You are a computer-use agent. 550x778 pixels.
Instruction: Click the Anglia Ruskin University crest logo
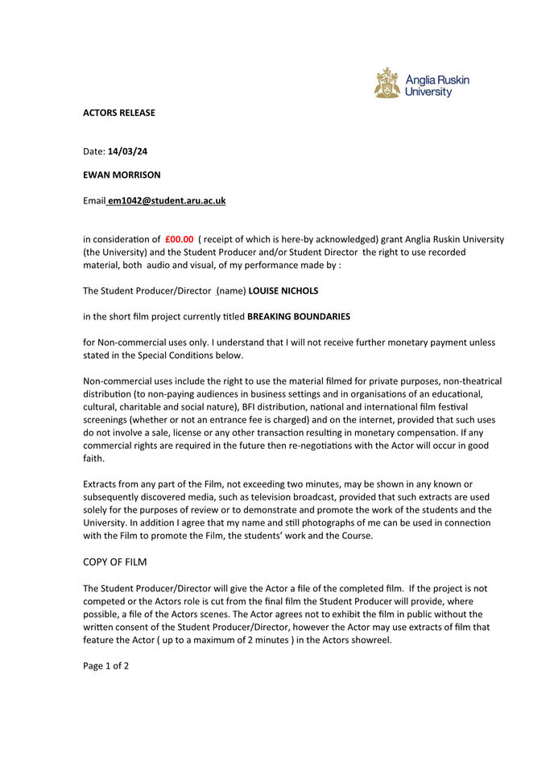pos(387,84)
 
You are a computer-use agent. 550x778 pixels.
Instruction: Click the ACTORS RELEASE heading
pos(119,113)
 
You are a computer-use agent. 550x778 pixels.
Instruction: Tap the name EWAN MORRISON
pos(122,175)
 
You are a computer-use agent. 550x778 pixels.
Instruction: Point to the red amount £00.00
pos(179,239)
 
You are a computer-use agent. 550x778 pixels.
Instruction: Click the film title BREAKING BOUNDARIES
pos(299,316)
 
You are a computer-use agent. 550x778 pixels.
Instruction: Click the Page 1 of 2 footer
pos(106,665)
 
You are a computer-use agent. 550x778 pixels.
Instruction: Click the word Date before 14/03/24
pos(94,151)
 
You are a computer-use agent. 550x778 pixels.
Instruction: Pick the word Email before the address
pos(94,200)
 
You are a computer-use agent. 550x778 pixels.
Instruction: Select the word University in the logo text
pos(428,93)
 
